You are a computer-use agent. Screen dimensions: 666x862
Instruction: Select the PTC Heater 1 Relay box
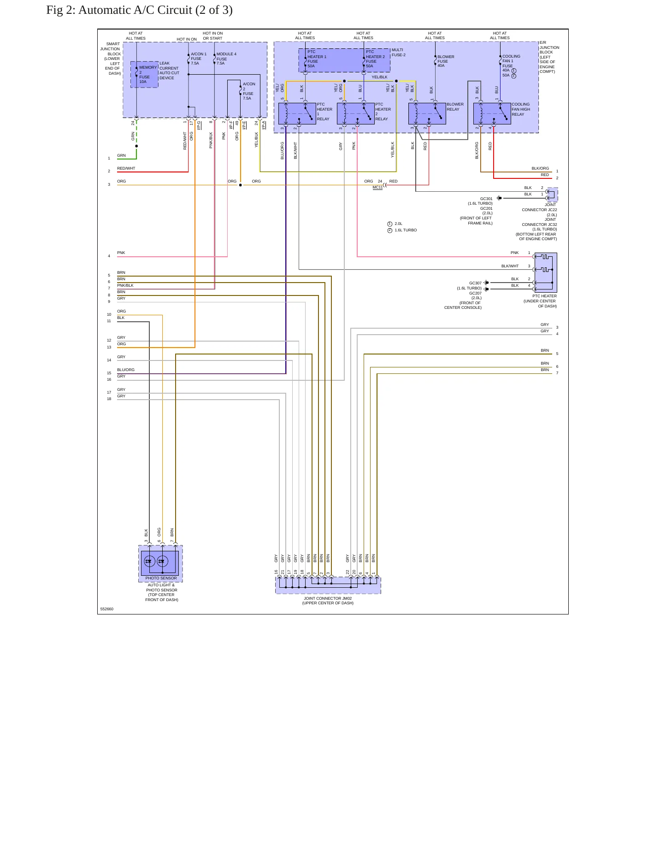tap(297, 113)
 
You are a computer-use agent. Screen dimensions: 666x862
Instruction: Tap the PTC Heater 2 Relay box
tap(356, 113)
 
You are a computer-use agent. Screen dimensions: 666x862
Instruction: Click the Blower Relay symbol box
tap(427, 113)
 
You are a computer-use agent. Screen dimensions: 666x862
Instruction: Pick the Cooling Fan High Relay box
tap(492, 113)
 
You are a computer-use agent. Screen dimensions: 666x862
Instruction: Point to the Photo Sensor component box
tap(160, 564)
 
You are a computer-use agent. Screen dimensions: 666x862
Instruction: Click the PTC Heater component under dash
tap(546, 272)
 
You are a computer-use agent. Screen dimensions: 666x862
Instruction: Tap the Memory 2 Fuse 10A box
tap(144, 74)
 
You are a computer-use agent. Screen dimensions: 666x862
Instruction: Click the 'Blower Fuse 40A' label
tap(446, 61)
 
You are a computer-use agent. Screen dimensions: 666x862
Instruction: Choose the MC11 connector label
tap(377, 187)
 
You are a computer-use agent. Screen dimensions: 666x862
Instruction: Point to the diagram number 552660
tap(107, 609)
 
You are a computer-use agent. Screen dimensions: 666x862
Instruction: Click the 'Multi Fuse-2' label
tap(399, 53)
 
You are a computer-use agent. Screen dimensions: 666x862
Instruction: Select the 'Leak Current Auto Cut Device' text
tap(169, 71)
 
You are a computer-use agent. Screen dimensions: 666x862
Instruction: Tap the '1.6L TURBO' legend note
tap(406, 230)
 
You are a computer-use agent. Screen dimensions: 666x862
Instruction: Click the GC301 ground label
tap(486, 199)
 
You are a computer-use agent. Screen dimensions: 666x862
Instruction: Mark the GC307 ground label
tap(475, 283)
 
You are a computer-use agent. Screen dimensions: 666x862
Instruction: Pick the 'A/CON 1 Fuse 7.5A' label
tap(199, 59)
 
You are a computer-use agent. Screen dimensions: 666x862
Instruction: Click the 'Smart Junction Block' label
tap(111, 59)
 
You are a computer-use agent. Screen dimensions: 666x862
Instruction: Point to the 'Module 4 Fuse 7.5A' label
tap(226, 59)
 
